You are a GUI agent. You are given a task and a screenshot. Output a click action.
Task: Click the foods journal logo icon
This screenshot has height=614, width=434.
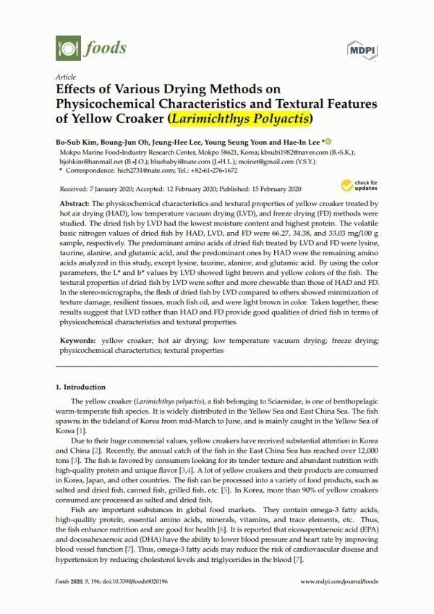pos(67,48)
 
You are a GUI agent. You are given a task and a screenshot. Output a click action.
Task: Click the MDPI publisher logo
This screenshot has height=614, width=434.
pos(359,49)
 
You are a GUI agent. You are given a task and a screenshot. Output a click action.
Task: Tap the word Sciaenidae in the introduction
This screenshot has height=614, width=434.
pos(274,400)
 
